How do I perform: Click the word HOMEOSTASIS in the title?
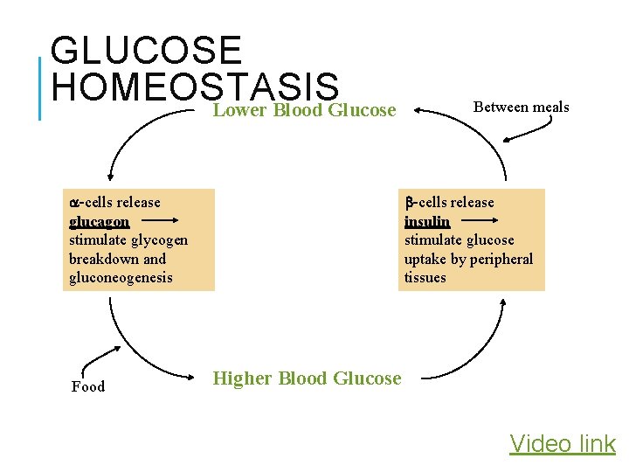click(195, 87)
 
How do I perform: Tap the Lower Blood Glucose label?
click(305, 110)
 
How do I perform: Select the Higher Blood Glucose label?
click(307, 378)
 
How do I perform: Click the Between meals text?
click(521, 107)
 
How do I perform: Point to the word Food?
click(87, 386)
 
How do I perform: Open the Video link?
click(563, 444)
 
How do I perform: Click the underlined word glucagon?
click(99, 221)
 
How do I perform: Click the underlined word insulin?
click(426, 221)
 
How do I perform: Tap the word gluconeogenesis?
click(121, 278)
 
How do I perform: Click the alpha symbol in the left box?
click(73, 203)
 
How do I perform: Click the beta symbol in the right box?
click(408, 203)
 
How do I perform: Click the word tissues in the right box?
click(425, 278)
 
